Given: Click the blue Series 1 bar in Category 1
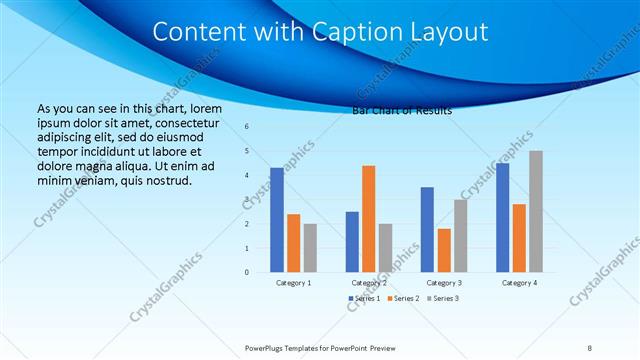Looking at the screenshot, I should click(277, 220).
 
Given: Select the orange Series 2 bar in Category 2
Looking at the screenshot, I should click(368, 219).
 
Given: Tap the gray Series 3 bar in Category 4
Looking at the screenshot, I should click(536, 211).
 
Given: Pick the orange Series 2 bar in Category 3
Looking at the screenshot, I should click(443, 250).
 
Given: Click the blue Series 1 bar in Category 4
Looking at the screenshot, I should click(502, 217).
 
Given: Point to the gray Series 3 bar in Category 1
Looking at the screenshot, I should click(310, 248).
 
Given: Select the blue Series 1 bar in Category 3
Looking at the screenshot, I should click(427, 229).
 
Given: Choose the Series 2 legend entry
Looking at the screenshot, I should click(404, 299).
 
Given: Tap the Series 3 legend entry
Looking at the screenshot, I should click(442, 299).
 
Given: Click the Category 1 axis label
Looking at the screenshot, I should click(293, 283).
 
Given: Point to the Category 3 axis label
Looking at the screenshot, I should click(443, 283).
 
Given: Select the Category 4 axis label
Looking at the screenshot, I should click(518, 283).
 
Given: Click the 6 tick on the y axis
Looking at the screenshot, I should click(247, 127).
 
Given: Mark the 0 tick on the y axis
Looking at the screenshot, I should click(247, 272).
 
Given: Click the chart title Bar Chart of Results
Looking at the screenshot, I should click(402, 111).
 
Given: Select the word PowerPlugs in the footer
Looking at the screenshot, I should click(267, 347).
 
